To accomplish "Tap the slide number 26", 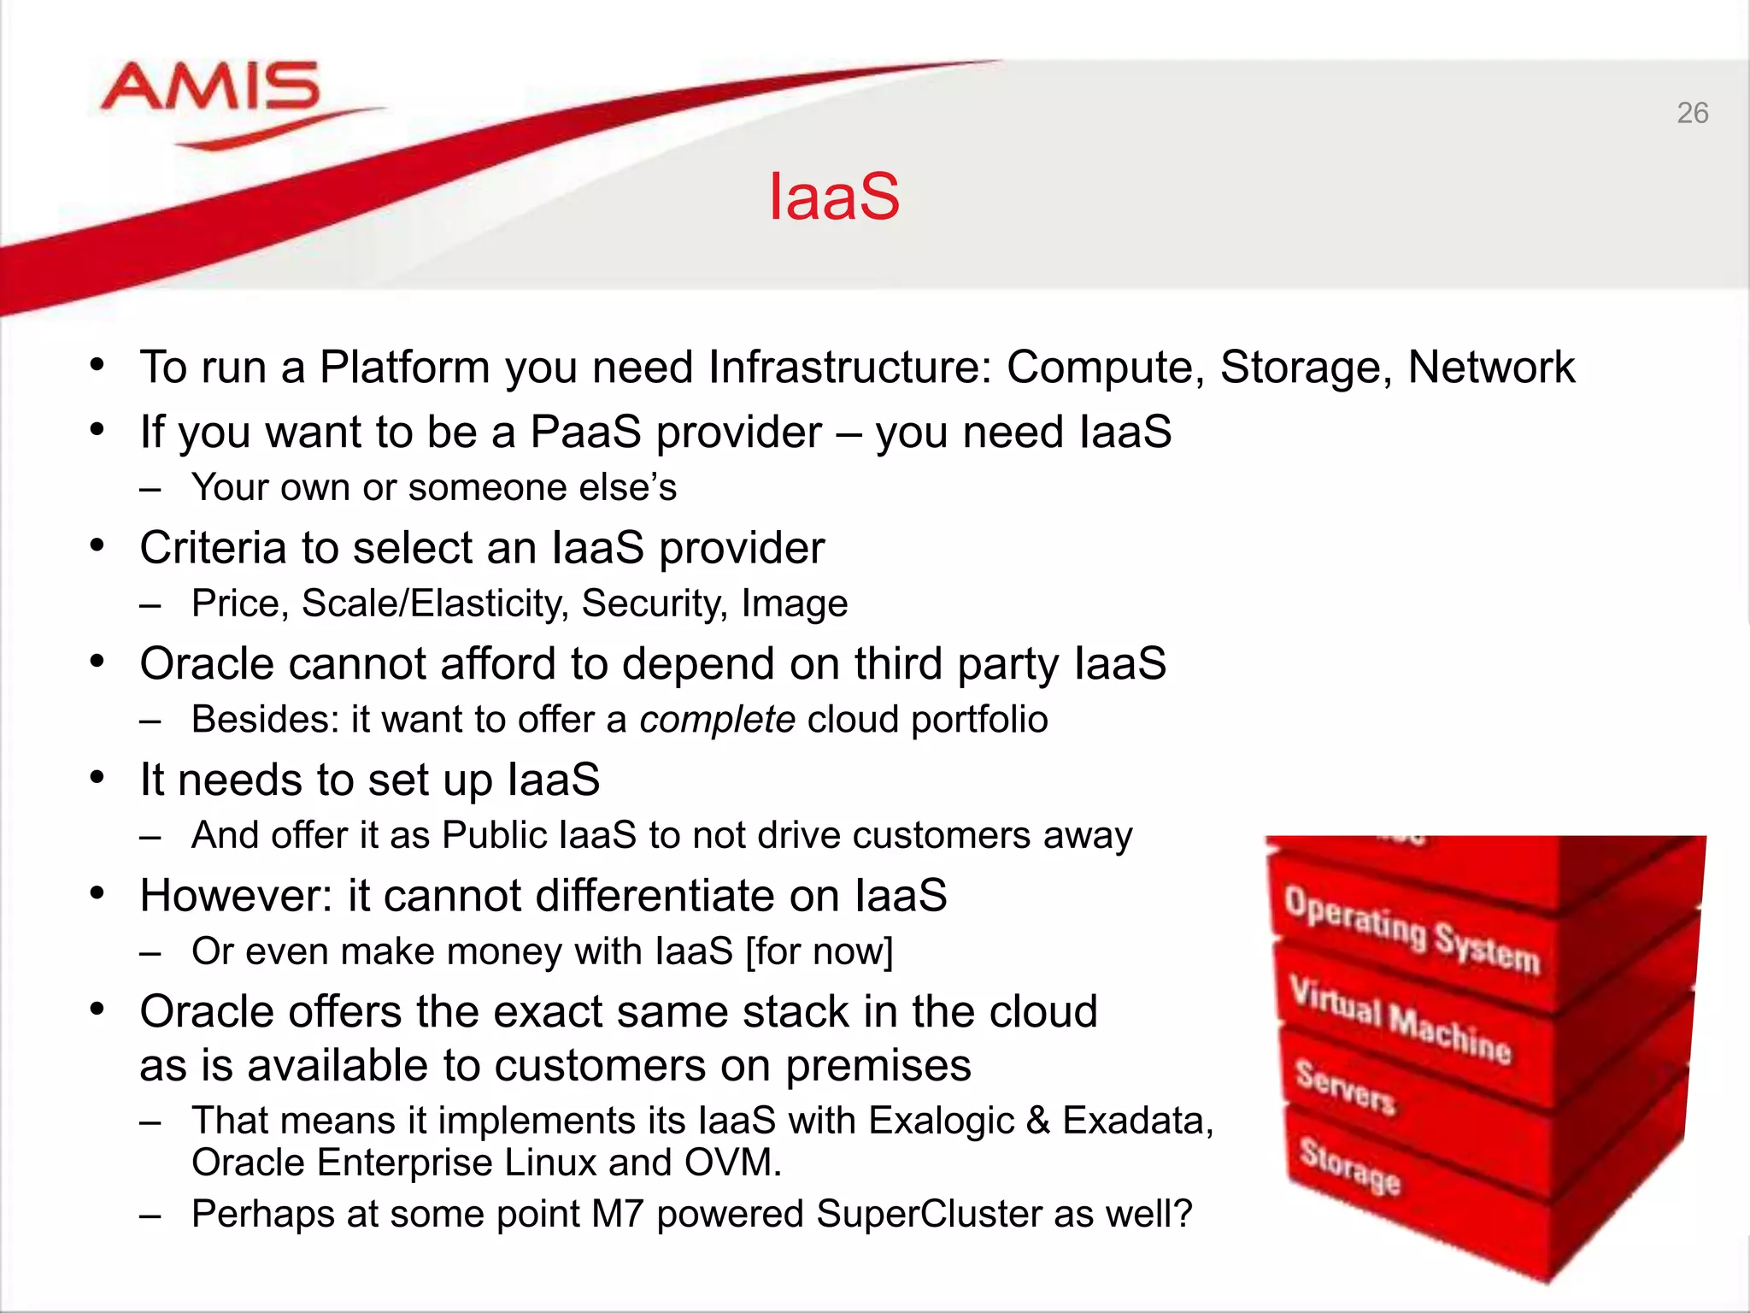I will [x=1692, y=113].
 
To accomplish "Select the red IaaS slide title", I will [x=834, y=197].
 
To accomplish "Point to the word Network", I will [x=1491, y=368].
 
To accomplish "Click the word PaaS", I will [x=585, y=432].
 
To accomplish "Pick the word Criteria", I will [x=214, y=548].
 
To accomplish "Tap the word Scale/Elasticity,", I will [x=435, y=604].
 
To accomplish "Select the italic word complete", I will [x=717, y=720].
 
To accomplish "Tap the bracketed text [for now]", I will [x=819, y=951].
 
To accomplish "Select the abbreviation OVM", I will [x=732, y=1163].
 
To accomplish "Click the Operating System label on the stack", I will [x=1411, y=930].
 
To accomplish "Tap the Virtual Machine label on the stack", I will [x=1400, y=1021].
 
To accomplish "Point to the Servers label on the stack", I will [x=1345, y=1087].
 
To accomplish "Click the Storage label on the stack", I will [x=1350, y=1166].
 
